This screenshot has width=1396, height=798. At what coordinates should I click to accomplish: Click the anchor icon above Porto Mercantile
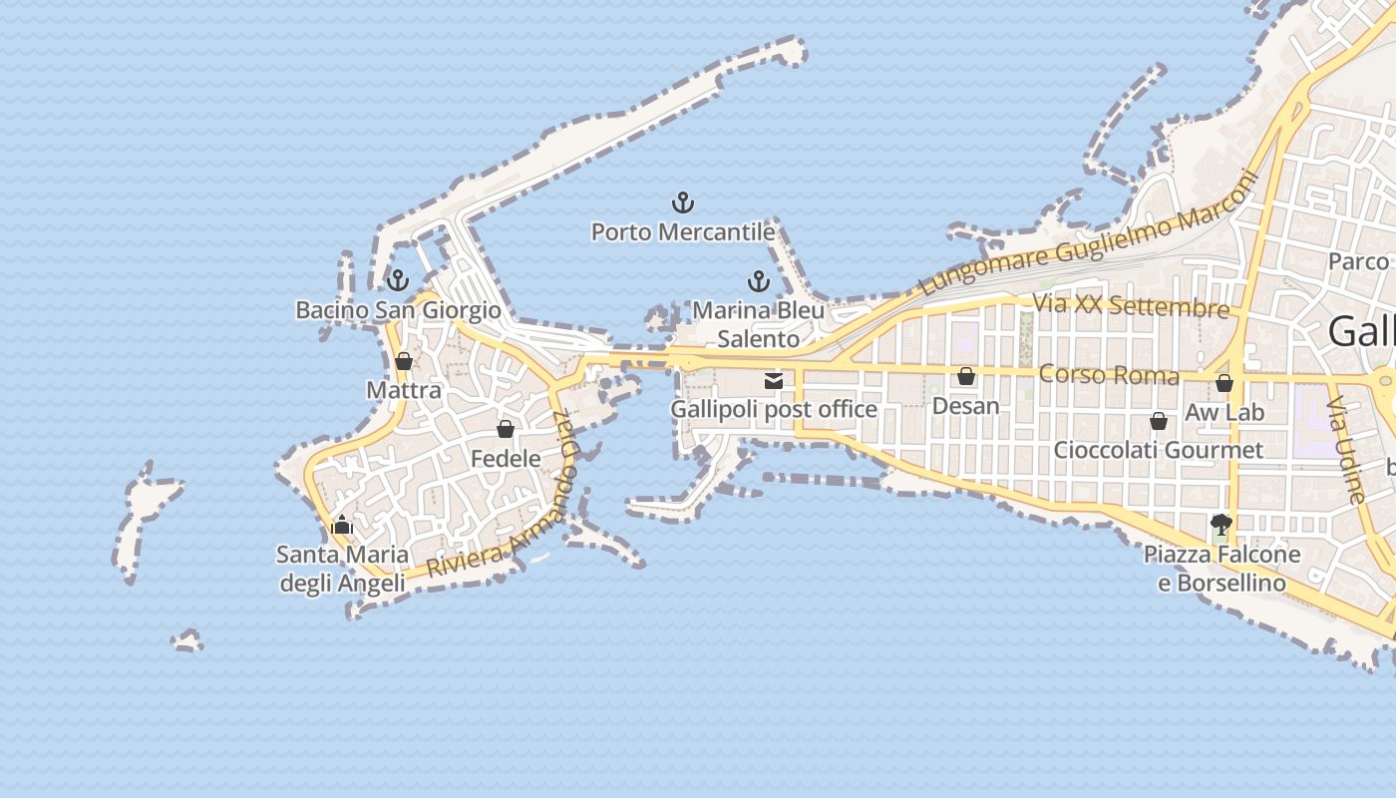(x=683, y=203)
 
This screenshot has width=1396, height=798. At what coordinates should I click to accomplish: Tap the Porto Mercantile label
(x=683, y=232)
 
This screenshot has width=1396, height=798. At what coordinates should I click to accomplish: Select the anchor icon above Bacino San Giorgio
(x=399, y=280)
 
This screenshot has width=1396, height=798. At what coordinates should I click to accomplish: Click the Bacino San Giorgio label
(x=399, y=310)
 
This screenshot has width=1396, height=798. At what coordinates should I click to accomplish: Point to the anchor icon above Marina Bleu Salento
(x=759, y=281)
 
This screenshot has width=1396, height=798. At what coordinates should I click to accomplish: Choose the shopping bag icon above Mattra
(x=404, y=361)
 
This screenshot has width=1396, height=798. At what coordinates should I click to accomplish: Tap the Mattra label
(x=404, y=390)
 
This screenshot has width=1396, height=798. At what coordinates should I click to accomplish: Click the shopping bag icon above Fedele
(x=506, y=430)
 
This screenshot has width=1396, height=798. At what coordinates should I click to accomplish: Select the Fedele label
(x=506, y=459)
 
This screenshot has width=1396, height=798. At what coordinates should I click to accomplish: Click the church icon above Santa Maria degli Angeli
(x=342, y=525)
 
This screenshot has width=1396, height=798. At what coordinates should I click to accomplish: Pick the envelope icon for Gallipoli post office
(x=774, y=380)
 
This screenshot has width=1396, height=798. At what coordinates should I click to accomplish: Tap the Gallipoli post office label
(x=774, y=409)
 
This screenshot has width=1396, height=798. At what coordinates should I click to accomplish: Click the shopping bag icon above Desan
(x=966, y=376)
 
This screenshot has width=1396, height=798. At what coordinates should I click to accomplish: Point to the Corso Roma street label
(x=1109, y=375)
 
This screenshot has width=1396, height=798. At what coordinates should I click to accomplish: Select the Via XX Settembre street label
(x=1131, y=305)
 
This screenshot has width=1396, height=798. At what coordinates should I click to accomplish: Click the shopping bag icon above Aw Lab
(x=1224, y=383)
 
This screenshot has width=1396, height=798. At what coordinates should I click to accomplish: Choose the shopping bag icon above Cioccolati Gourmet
(x=1159, y=421)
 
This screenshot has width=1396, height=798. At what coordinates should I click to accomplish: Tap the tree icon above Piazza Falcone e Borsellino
(x=1221, y=524)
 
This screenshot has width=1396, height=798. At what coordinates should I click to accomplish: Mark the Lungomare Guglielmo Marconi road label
(x=1088, y=235)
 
